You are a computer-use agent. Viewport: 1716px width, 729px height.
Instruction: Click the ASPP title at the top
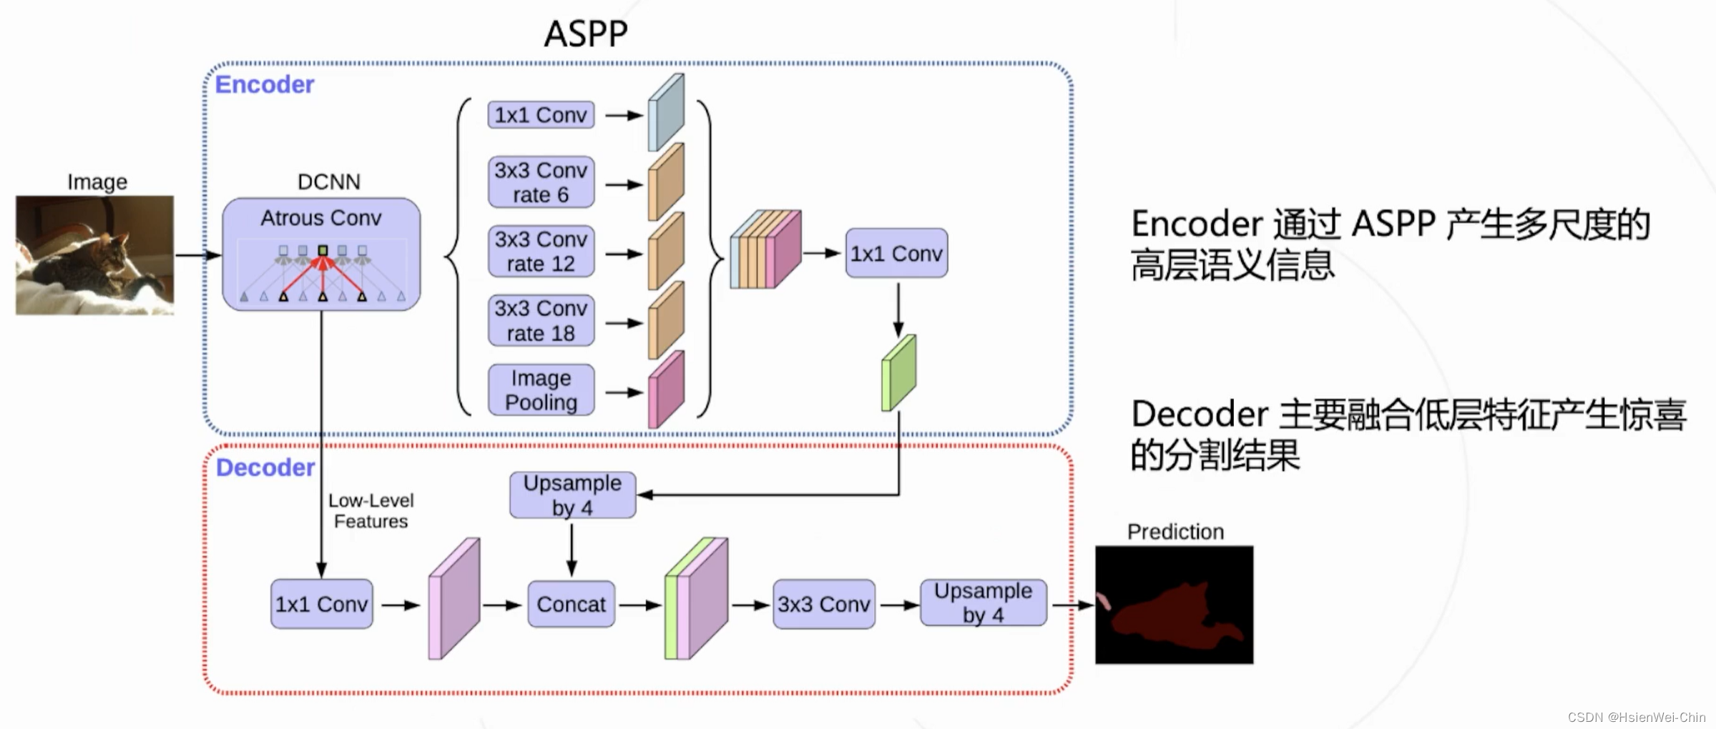tap(586, 33)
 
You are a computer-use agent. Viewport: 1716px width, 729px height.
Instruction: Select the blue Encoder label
tap(265, 84)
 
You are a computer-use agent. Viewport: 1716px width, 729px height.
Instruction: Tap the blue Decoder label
tap(265, 467)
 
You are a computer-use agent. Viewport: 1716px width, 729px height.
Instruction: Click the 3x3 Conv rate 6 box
tap(541, 182)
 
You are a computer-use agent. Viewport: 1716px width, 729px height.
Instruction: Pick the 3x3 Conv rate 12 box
tap(541, 252)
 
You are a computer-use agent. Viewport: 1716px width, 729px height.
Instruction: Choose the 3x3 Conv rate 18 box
tap(541, 321)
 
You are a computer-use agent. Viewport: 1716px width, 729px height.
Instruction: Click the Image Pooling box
tap(541, 390)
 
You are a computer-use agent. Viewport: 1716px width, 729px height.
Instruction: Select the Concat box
tap(571, 605)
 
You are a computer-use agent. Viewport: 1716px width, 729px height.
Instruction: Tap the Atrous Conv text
tap(321, 218)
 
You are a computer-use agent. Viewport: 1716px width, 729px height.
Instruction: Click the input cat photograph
tap(94, 255)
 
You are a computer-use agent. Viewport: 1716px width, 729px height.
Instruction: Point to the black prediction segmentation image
tap(1175, 605)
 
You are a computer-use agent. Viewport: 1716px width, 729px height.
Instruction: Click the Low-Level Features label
tap(371, 511)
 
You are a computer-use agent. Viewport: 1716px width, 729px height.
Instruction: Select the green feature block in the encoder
tap(898, 373)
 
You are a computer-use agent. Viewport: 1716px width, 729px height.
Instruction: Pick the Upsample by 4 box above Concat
tap(572, 495)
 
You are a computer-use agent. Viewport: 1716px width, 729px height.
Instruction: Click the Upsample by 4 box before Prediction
tap(983, 603)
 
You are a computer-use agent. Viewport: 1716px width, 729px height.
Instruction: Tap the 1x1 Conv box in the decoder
tap(321, 605)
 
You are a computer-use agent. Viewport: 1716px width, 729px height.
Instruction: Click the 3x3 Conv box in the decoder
tap(823, 605)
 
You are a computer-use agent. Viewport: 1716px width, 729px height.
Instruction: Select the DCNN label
tap(329, 182)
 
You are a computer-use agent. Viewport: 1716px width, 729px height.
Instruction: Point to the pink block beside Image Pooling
tap(666, 390)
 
